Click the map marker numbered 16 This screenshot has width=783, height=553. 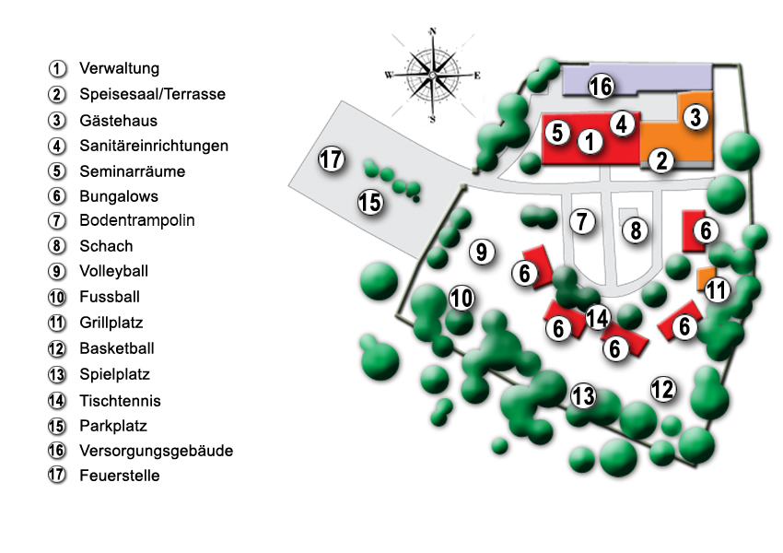point(601,86)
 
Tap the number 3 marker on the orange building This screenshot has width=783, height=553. point(695,117)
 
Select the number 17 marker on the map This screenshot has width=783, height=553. point(331,159)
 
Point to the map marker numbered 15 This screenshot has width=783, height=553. point(370,203)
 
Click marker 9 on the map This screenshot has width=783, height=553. point(482,252)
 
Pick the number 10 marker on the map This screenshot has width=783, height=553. point(462,299)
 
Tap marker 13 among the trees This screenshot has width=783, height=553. point(583,395)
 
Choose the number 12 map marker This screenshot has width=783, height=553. point(663,389)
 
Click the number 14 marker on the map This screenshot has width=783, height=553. point(597,318)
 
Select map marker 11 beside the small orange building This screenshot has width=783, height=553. point(717,289)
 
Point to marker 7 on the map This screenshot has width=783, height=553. point(582,221)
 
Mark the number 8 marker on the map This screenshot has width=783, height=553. point(636,230)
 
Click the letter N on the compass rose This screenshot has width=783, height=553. point(432,31)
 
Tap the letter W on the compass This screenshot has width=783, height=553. point(389,76)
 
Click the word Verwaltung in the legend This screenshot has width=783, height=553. point(120,68)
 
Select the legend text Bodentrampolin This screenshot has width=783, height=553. point(137,220)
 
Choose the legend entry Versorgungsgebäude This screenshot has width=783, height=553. point(157,451)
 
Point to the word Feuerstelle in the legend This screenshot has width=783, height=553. point(120,476)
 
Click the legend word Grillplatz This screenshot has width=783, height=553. point(111,323)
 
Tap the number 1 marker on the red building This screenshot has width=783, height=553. point(590,141)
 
